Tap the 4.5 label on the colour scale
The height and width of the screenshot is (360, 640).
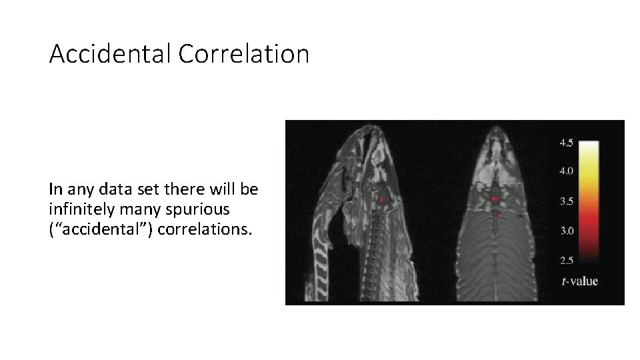[566, 143]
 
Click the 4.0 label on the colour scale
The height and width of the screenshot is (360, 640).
[566, 171]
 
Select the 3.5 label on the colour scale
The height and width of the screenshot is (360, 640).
[566, 201]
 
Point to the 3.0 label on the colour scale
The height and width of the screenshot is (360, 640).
[566, 230]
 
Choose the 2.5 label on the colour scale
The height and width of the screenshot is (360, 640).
[566, 259]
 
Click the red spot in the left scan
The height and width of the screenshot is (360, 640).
[382, 199]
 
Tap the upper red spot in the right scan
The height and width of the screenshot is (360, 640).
[495, 199]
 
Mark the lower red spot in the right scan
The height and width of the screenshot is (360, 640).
[497, 215]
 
